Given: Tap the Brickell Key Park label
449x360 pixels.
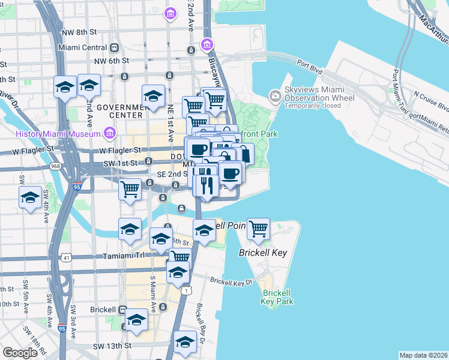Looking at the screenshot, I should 277,297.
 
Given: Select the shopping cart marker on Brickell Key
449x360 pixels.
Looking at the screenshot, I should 258,229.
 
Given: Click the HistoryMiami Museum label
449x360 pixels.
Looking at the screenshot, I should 58,133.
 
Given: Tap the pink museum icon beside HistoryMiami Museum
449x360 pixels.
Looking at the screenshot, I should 109,133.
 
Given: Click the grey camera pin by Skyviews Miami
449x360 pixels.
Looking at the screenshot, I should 276,95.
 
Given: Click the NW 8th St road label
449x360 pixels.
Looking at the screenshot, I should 78,32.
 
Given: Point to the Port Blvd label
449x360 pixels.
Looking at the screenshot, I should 309,67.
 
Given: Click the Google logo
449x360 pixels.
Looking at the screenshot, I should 20,353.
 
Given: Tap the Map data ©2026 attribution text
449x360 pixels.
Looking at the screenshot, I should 423,355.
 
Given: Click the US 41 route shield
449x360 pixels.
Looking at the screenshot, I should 66,257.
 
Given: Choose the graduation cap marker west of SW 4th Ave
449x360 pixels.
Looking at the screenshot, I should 30,198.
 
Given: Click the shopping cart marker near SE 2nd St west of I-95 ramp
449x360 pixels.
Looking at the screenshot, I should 130,190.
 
